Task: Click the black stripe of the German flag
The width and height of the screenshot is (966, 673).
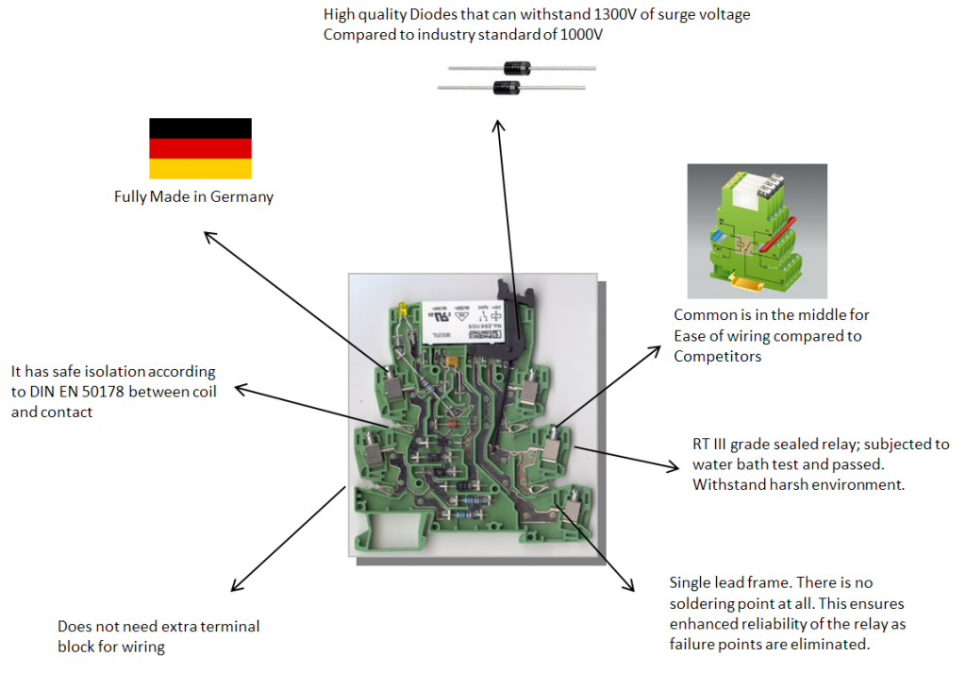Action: pyautogui.click(x=200, y=128)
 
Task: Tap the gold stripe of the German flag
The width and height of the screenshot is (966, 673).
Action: pyautogui.click(x=200, y=169)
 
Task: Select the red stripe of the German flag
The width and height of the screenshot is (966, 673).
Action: pyautogui.click(x=200, y=148)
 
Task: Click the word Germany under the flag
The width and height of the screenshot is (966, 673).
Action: pyautogui.click(x=244, y=197)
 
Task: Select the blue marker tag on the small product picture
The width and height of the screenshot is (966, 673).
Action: pyautogui.click(x=721, y=237)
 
